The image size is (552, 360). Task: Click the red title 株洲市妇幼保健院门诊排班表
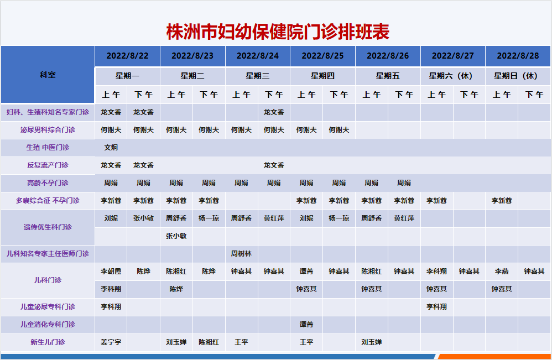(278, 32)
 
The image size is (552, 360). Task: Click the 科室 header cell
(48, 75)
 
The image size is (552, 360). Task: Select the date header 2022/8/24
(258, 56)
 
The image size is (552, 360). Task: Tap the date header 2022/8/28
(518, 56)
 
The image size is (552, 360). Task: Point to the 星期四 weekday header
(323, 76)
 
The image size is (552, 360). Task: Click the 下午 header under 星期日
(534, 95)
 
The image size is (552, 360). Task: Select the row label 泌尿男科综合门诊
(48, 130)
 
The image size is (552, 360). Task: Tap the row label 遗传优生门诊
(48, 227)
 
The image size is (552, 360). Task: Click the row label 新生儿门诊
(48, 342)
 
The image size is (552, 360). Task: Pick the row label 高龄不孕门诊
(48, 183)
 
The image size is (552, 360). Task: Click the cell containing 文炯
(111, 148)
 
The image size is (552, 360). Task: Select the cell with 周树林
(242, 254)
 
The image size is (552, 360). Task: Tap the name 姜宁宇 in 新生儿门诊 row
(111, 342)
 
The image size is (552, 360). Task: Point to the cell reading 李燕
(502, 272)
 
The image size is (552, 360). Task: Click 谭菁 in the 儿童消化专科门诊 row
(306, 325)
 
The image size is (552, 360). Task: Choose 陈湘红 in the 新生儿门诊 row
(209, 342)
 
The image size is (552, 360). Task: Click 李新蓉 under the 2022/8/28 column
(502, 201)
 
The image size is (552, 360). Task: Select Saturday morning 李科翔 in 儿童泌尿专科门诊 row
(436, 306)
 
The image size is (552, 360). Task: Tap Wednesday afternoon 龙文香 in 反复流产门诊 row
(274, 165)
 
